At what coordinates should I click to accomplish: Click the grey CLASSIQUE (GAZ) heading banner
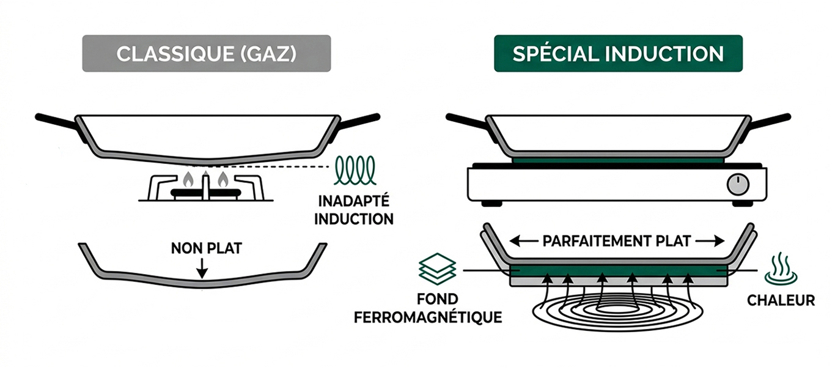[x=207, y=53]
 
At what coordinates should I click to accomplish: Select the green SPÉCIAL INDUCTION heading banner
[x=618, y=53]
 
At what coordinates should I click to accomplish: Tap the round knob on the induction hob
[x=738, y=184]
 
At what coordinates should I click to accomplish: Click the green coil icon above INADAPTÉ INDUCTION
[x=355, y=170]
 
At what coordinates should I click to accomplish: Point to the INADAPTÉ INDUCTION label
[x=354, y=210]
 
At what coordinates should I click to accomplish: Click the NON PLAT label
[x=207, y=248]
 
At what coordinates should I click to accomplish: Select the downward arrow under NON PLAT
[x=202, y=269]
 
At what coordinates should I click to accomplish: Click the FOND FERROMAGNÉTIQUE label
[x=428, y=308]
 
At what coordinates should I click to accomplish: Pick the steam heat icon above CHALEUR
[x=781, y=269]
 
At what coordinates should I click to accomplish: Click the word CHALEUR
[x=781, y=300]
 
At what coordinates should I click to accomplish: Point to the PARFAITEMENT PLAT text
[x=617, y=242]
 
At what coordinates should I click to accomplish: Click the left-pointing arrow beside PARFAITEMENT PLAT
[x=523, y=242]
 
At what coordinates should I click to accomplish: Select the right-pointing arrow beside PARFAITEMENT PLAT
[x=710, y=242]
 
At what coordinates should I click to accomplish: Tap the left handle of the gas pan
[x=56, y=122]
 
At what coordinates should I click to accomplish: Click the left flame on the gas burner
[x=188, y=179]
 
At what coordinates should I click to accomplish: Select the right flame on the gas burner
[x=223, y=179]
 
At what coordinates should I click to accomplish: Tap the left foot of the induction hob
[x=491, y=204]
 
